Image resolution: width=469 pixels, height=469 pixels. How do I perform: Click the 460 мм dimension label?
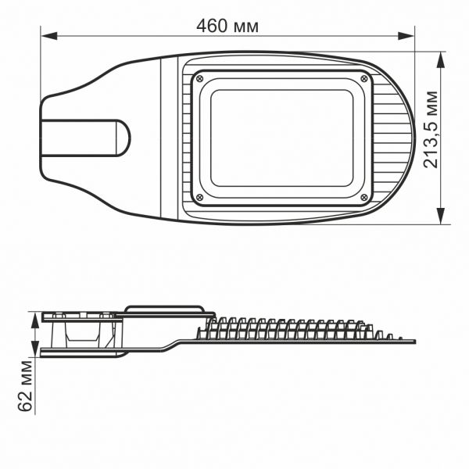pyautogui.click(x=227, y=26)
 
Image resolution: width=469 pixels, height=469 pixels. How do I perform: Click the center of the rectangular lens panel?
pyautogui.click(x=282, y=137)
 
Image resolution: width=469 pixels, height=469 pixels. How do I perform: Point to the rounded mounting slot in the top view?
pyautogui.click(x=86, y=138)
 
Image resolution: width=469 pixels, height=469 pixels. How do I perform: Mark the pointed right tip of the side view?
pyautogui.click(x=414, y=342)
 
